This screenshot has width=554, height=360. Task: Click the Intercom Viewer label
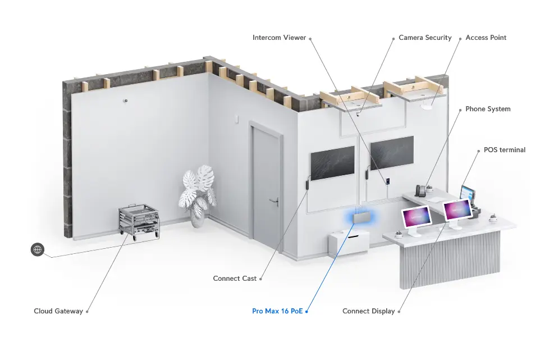point(279,38)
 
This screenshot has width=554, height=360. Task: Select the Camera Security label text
point(425,38)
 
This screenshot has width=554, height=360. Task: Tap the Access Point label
point(486,38)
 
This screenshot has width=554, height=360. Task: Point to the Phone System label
point(488,109)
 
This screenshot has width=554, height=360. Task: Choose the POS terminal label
point(504,150)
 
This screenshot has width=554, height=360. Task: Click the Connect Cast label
point(235,279)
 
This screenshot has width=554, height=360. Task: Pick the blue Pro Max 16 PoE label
point(277,311)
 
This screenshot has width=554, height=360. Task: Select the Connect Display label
point(368,311)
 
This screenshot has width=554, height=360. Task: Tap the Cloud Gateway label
point(58,311)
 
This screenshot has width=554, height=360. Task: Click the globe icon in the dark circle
point(37,249)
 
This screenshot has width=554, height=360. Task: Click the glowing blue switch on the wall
point(358,217)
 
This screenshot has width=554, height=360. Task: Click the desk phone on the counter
point(421,190)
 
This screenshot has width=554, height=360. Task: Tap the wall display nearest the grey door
point(332,163)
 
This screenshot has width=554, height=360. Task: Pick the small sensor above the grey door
point(237,119)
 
